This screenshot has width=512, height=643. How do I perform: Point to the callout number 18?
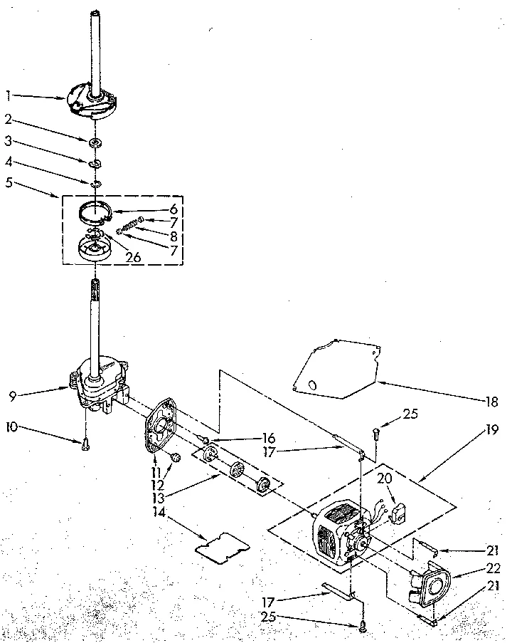[x=491, y=401]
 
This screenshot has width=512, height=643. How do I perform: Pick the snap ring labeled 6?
[x=99, y=211]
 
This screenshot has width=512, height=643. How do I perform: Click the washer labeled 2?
[x=94, y=144]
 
